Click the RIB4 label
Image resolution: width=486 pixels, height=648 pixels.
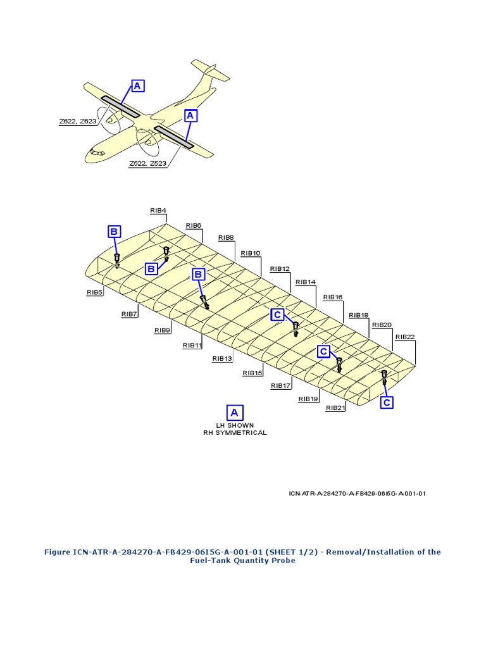(x=158, y=210)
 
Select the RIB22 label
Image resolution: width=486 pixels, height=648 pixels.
(x=404, y=337)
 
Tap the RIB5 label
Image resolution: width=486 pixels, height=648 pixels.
(x=96, y=292)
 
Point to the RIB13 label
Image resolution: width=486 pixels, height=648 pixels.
(x=223, y=359)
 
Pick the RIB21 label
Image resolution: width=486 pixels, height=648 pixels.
(x=335, y=408)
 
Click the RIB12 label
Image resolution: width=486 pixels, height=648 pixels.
(x=279, y=268)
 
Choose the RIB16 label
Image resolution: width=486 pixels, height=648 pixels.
(x=333, y=297)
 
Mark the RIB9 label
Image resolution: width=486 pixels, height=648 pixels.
(x=163, y=330)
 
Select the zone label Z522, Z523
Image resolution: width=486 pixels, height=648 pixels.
(x=148, y=163)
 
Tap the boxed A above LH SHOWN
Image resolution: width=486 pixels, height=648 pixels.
(x=234, y=413)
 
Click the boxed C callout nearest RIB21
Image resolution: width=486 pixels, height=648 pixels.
(x=386, y=402)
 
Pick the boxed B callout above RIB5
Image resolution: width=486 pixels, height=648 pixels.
(x=114, y=232)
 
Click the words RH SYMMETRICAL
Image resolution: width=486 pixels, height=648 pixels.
(x=235, y=433)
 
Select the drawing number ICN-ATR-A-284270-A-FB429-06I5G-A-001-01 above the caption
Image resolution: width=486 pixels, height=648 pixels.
(x=352, y=493)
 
